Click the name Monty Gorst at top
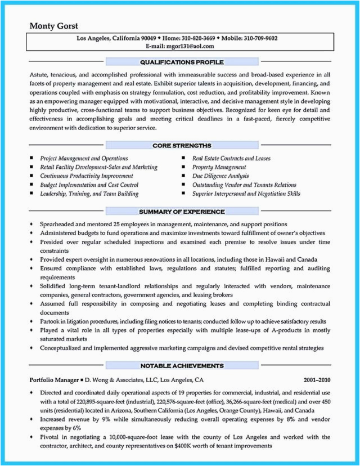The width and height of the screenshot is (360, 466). click(54, 26)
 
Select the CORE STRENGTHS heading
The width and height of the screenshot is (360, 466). click(182, 146)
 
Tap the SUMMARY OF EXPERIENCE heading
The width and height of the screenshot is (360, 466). click(182, 212)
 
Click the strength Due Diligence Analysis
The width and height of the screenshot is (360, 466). click(220, 176)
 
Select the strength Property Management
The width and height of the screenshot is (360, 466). click(219, 167)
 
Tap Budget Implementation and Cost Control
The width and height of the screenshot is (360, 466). click(89, 185)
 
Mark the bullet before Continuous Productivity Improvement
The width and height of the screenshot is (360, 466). click(32, 176)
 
